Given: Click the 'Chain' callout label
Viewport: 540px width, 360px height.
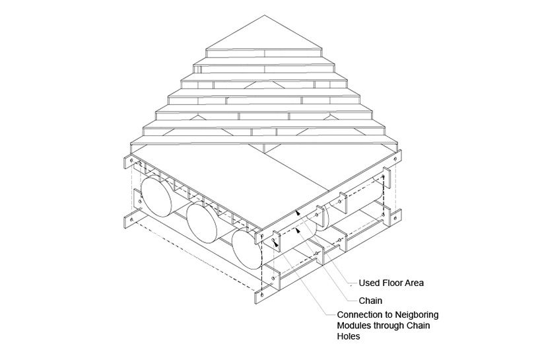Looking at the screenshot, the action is tap(370, 301).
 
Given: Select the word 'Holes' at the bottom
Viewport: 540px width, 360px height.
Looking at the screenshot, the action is tap(349, 336).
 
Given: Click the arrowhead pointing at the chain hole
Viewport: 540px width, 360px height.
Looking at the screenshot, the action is tap(275, 242).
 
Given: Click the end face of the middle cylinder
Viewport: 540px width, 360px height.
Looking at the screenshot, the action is tap(203, 223).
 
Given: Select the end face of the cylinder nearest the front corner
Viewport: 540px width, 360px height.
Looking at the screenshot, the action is tap(247, 250).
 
